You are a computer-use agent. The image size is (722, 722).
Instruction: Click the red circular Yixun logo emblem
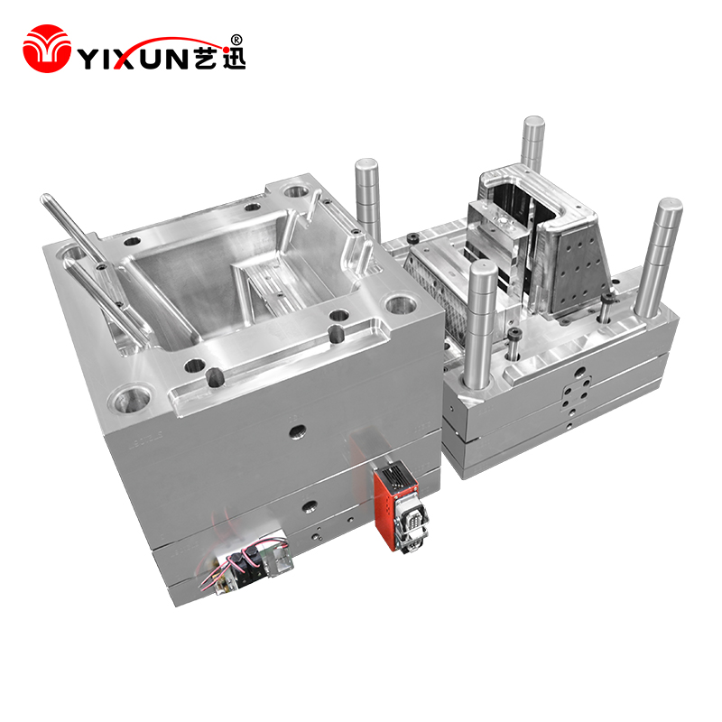coord(47,49)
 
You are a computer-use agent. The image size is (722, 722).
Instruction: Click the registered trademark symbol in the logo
coord(236,40)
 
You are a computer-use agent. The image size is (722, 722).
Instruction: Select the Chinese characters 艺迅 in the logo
coord(219,58)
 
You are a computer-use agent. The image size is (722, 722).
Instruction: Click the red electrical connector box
coord(396,504)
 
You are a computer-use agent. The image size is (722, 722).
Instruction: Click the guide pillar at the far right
coord(658,258)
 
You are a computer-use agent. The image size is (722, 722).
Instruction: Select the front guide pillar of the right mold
coord(480,323)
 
